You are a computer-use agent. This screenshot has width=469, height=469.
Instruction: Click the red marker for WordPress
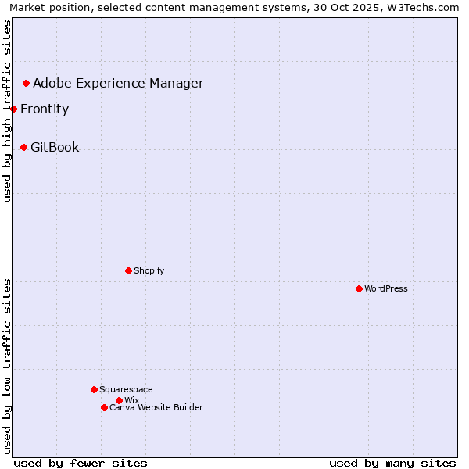pos(359,288)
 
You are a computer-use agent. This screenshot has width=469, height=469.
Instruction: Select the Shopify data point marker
pos(128,270)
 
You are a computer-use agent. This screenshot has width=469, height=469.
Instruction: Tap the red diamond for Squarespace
pos(94,389)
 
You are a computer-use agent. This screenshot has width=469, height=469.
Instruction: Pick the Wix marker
pos(119,400)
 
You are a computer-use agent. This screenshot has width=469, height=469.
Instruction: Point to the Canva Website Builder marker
pos(104,407)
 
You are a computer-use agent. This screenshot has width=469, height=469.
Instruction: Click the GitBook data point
pos(23,147)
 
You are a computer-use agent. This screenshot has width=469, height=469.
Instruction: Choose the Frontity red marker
pos(13,109)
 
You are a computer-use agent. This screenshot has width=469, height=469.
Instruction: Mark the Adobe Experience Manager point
pos(26,83)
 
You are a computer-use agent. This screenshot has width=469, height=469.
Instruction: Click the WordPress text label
pos(386,288)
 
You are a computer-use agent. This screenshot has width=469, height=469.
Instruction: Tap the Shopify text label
pos(149,270)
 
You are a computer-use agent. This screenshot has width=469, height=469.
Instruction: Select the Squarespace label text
pos(126,389)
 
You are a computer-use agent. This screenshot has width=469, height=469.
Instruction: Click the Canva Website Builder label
pos(156,407)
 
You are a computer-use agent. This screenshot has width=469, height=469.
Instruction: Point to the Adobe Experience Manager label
pos(118,83)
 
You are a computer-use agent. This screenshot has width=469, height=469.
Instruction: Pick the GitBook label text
pos(55,147)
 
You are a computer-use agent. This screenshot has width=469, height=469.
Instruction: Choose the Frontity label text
pos(45,109)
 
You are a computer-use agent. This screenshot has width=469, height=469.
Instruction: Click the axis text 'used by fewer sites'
pos(81,463)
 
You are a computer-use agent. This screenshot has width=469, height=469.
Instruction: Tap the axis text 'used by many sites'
pos(392,463)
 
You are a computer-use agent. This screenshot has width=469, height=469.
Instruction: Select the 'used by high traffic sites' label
pos(7,111)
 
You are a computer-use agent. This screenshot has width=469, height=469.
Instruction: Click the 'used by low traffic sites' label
pos(7,366)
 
